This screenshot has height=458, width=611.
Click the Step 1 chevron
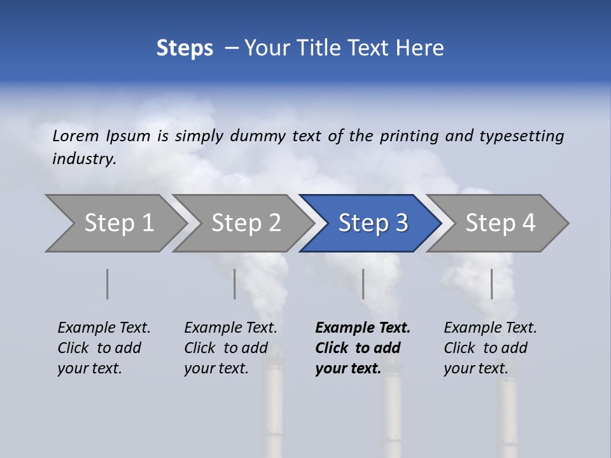[119, 223]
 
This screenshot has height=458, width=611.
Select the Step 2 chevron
[246, 223]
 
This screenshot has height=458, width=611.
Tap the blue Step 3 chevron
[372, 223]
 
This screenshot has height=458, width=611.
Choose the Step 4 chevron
[500, 223]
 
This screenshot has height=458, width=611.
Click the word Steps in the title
[185, 48]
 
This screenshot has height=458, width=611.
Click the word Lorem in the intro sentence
[76, 135]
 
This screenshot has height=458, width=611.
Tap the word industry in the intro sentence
[84, 158]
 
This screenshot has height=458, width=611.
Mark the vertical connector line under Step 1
[108, 284]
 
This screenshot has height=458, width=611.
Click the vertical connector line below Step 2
[235, 284]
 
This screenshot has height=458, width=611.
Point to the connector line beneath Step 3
[363, 284]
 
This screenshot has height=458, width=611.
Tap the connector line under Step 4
[491, 284]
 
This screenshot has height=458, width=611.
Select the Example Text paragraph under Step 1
[104, 348]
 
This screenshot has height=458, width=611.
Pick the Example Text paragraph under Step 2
[230, 348]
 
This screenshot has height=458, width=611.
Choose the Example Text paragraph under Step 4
[490, 348]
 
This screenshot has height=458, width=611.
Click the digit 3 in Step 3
[401, 223]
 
